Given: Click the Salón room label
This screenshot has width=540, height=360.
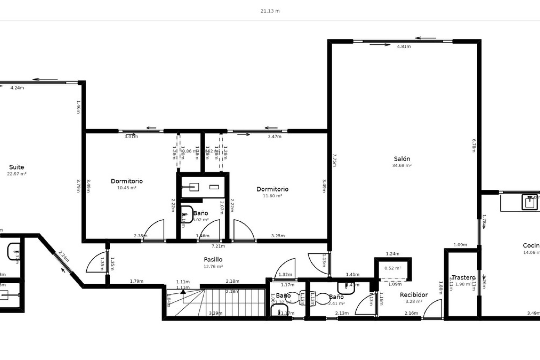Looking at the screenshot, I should (x=402, y=159).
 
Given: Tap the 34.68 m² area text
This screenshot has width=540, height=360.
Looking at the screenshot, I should (x=402, y=166).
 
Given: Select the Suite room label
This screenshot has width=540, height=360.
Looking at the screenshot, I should (x=17, y=167).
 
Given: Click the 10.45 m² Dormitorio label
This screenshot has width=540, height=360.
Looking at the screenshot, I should (x=127, y=181).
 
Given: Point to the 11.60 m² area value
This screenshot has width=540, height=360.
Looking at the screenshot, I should (x=272, y=196).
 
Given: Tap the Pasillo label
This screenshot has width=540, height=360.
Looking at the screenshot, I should (x=213, y=259).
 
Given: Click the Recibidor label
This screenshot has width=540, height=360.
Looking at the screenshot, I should (x=414, y=295).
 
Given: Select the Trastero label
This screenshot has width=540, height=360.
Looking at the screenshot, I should (x=463, y=278).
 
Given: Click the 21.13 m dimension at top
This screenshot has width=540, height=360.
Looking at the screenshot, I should (x=270, y=11).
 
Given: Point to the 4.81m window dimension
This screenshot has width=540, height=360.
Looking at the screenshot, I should (x=404, y=47).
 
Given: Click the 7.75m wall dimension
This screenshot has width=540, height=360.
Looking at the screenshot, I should (x=334, y=160).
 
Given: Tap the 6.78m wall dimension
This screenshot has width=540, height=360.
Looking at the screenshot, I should (x=474, y=145).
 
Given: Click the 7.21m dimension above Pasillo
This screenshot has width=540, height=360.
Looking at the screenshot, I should (x=218, y=246).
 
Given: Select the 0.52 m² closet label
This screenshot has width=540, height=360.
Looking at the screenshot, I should (x=393, y=268).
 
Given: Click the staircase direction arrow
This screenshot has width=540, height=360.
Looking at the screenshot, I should (x=183, y=291).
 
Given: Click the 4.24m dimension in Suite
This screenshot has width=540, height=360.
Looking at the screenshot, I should (x=17, y=88).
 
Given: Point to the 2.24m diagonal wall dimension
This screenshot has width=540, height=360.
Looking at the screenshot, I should (x=64, y=256).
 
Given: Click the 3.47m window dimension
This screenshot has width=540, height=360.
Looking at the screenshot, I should (x=274, y=137).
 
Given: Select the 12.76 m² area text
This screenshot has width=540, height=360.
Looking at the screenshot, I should (x=213, y=267).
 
